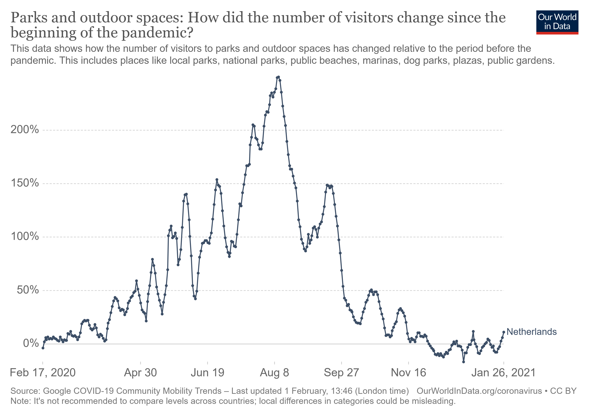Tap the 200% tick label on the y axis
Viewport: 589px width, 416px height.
point(25,130)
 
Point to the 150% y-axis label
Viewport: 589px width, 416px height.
point(25,183)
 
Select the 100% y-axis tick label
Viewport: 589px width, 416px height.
point(25,236)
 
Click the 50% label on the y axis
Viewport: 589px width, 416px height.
point(28,290)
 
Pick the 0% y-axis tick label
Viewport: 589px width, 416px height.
point(31,343)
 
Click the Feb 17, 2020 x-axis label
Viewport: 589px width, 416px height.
point(43,373)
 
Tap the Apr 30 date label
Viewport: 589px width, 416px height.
point(140,373)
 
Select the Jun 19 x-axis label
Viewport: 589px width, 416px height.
point(207,373)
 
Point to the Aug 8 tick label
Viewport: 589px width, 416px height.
point(274,373)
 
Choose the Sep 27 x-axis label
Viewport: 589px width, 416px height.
point(341,373)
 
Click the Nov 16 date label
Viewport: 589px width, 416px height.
point(408,373)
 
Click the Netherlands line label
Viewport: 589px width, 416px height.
point(531,332)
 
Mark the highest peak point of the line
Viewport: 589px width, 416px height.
point(279,77)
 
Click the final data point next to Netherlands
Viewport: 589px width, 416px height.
point(504,332)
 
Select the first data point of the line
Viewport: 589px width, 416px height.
point(43,348)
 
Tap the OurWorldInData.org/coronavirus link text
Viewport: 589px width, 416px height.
point(479,391)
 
